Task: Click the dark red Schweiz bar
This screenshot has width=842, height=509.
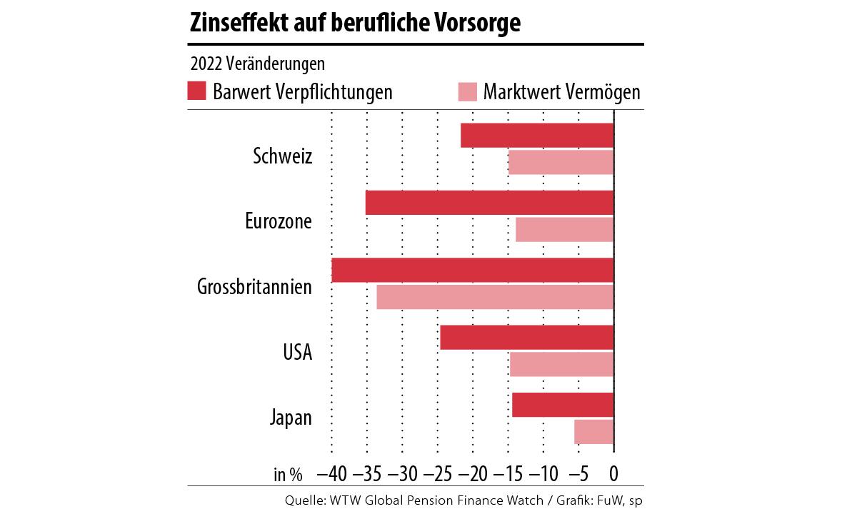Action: pyautogui.click(x=537, y=136)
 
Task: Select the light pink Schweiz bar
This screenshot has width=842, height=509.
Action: pyautogui.click(x=561, y=163)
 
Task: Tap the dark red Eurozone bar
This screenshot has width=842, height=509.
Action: pyautogui.click(x=489, y=203)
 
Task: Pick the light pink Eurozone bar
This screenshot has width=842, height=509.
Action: pyautogui.click(x=564, y=230)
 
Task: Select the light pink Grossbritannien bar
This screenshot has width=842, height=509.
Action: pyautogui.click(x=495, y=297)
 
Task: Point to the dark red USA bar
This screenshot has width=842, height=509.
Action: pyautogui.click(x=527, y=338)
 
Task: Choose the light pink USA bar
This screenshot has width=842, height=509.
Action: pyautogui.click(x=561, y=364)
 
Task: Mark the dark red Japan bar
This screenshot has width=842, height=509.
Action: pyautogui.click(x=563, y=405)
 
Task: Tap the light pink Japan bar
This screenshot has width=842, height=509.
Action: pyautogui.click(x=593, y=431)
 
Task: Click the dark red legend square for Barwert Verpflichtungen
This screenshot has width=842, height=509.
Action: pyautogui.click(x=197, y=91)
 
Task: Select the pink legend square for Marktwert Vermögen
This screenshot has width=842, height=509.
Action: pyautogui.click(x=467, y=91)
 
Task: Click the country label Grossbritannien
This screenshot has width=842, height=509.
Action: pyautogui.click(x=255, y=287)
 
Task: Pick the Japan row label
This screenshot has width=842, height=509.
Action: pyautogui.click(x=291, y=418)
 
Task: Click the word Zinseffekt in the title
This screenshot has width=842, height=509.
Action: pyautogui.click(x=232, y=24)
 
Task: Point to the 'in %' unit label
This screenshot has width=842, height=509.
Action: pyautogui.click(x=288, y=474)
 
